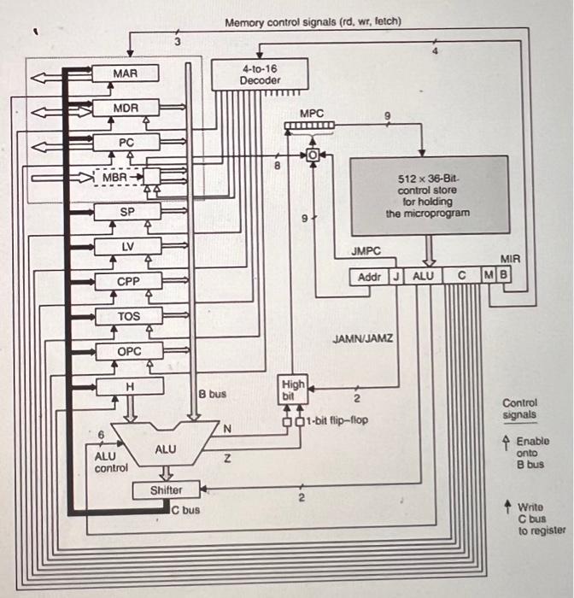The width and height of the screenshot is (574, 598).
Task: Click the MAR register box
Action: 125,74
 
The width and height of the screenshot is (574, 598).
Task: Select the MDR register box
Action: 125,108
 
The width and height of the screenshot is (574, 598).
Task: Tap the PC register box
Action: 126,142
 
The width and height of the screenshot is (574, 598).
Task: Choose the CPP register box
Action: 126,281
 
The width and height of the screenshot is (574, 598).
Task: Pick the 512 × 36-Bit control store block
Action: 428,196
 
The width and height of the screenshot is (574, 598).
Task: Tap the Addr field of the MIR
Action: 369,277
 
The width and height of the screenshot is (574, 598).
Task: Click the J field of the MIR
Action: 396,277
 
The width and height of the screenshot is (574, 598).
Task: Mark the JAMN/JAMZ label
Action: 362,338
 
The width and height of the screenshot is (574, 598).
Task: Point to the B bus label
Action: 213,394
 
